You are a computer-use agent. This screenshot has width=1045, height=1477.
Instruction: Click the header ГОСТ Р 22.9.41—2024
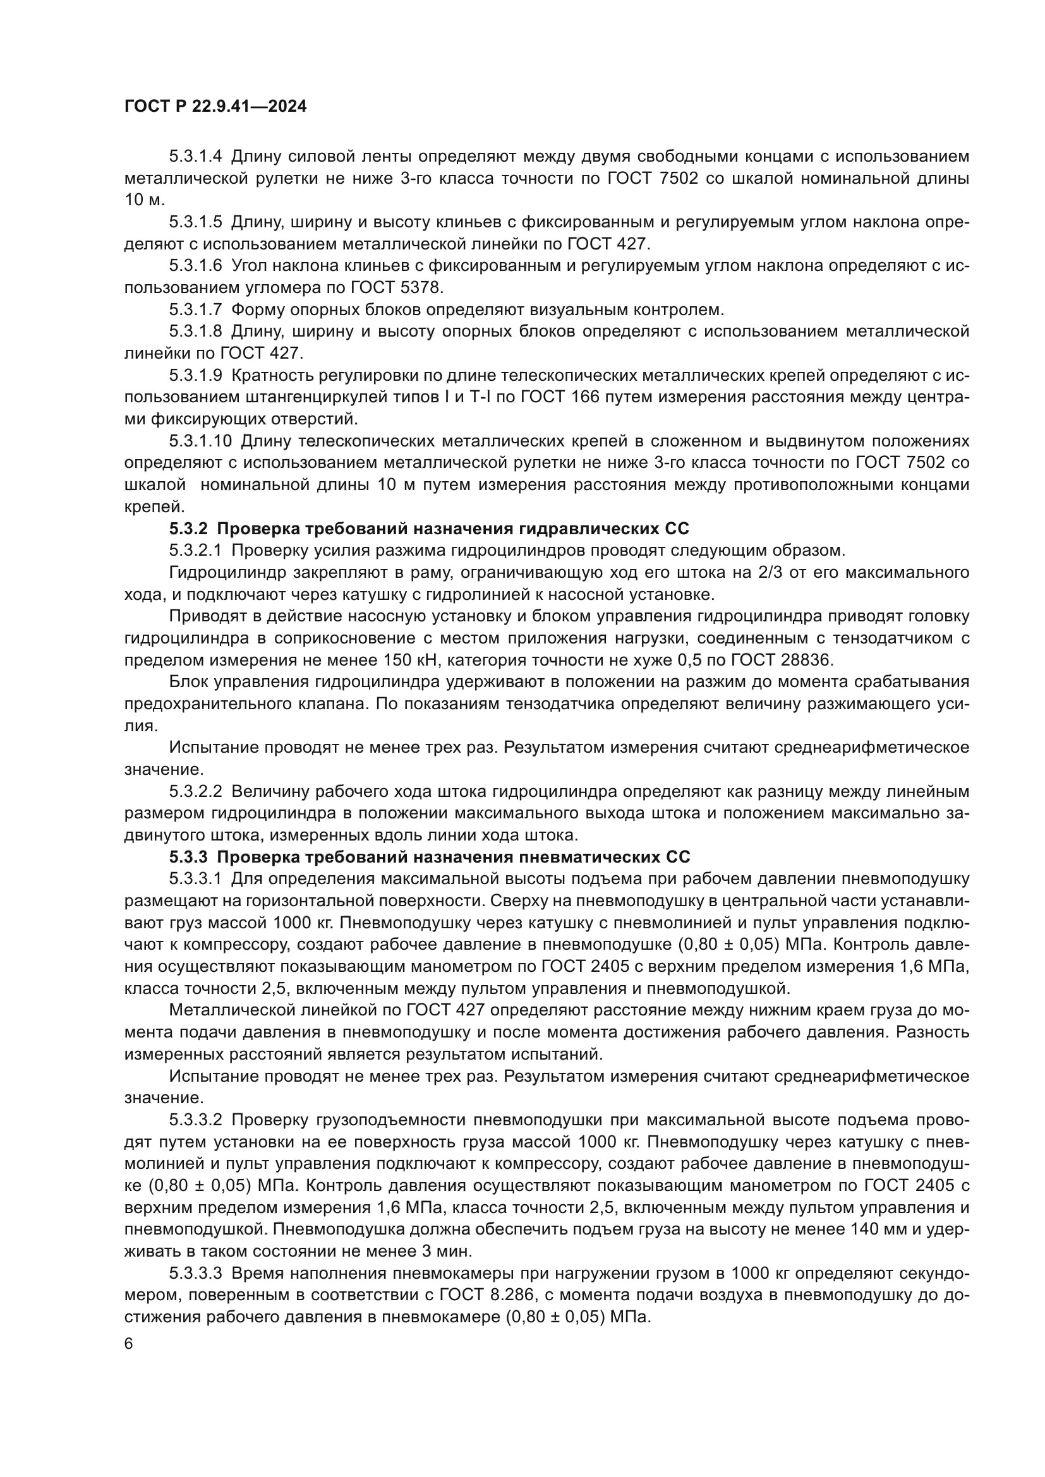tap(215, 107)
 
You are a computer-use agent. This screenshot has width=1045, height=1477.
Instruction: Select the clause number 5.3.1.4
tap(196, 157)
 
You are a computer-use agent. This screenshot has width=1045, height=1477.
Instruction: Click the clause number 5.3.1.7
tap(196, 310)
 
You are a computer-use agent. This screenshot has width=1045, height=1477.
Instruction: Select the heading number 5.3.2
tap(188, 529)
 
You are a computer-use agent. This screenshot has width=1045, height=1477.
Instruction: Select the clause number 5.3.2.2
tap(196, 791)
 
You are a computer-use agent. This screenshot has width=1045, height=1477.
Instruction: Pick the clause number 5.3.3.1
tap(196, 880)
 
